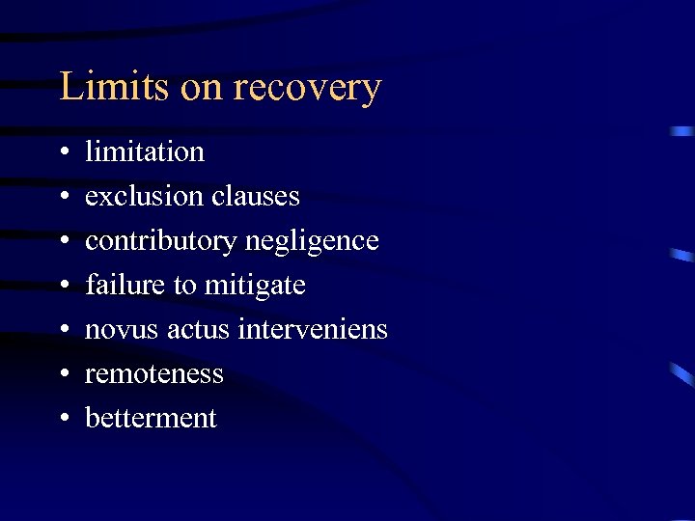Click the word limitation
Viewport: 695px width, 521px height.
pos(145,152)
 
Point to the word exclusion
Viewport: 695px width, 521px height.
pos(141,197)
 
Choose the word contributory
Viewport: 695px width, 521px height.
pos(160,241)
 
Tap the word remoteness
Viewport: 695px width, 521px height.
pos(154,374)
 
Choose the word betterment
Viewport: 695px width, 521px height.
pos(152,419)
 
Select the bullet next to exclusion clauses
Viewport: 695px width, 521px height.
pos(62,198)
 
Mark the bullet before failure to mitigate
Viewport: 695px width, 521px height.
pos(62,287)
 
